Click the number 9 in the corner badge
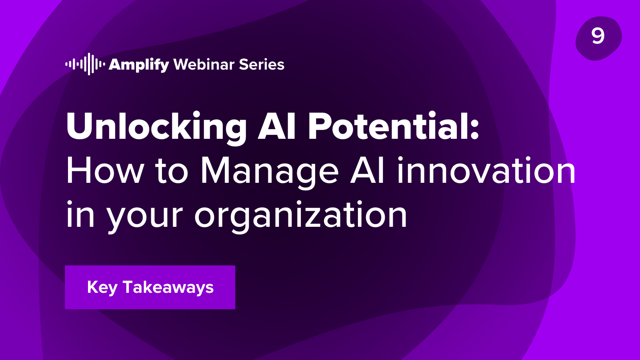(598, 36)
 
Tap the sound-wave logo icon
(85, 64)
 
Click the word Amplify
(139, 65)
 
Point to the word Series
(262, 64)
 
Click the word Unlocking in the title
(156, 126)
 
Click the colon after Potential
(475, 130)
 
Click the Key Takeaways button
(150, 287)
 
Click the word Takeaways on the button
(168, 288)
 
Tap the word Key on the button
(102, 288)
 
